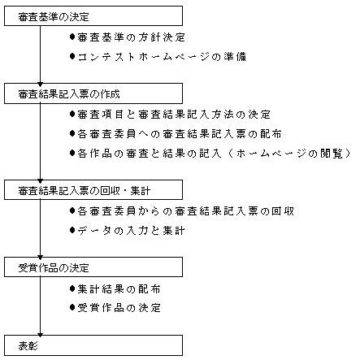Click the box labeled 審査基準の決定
[93, 16]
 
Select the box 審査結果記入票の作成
[93, 93]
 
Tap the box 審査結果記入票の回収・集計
[93, 189]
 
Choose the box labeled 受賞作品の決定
[93, 267]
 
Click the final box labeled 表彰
[93, 345]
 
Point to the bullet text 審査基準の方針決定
[131, 37]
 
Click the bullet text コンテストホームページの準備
[162, 57]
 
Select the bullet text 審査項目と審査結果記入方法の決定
[174, 115]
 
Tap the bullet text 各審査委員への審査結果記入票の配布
[180, 134]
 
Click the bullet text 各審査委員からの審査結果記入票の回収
[185, 211]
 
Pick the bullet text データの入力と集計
[131, 231]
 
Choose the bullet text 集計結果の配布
[119, 289]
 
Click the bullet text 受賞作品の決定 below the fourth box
[119, 308]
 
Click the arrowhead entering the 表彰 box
[40, 335]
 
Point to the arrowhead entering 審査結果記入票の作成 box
[40, 85]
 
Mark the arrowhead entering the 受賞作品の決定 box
[40, 258]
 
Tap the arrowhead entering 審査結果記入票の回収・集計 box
[40, 180]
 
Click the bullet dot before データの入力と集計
[72, 230]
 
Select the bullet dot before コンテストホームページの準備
[72, 56]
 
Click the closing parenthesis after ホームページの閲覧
[348, 154]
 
